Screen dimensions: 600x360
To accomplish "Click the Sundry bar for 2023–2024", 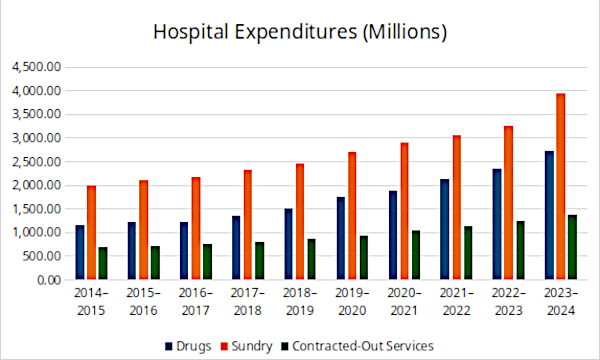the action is pos(561,186).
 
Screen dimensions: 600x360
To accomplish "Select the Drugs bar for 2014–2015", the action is pos(80,252).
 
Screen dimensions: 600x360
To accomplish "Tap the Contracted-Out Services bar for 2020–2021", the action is pos(416,255).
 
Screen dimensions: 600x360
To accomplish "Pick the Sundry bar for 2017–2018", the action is pos(248,225).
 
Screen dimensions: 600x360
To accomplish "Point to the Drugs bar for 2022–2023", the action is pos(497,224).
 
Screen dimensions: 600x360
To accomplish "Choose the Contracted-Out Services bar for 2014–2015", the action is pos(103,263).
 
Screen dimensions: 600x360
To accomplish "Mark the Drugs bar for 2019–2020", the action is pos(341,238).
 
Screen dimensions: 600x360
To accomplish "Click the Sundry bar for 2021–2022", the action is pos(457,207).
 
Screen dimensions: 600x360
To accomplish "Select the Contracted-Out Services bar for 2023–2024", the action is pos(572,247).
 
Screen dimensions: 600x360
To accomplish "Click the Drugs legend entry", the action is pos(188,346).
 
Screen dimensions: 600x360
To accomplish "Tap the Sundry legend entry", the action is pos(247,346).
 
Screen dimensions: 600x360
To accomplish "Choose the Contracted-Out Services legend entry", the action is pos(357,346).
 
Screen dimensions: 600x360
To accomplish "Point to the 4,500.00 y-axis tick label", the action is pos(37,67).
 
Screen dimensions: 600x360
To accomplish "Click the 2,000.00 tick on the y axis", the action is pos(37,185).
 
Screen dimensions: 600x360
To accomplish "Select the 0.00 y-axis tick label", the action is pos(49,280).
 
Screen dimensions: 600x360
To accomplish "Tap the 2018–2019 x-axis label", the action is pos(300,301).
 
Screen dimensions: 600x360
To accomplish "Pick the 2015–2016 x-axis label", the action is pos(143,301).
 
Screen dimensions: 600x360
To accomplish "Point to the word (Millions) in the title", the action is pos(405,32).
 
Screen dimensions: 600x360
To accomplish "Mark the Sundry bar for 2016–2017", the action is pos(196,228).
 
